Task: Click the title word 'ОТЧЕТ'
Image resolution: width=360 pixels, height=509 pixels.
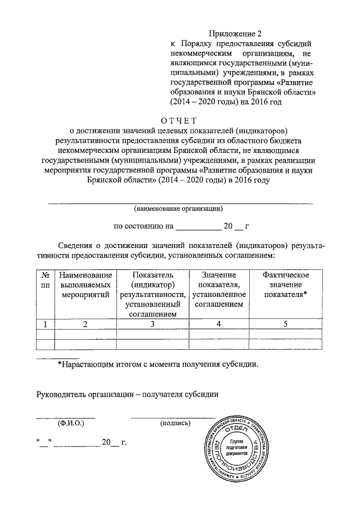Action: tap(179, 120)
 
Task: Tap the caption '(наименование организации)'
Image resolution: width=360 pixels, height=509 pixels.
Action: tap(179, 209)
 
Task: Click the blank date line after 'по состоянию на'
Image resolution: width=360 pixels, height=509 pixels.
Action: tap(198, 227)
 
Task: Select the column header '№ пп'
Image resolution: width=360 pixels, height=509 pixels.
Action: tap(45, 280)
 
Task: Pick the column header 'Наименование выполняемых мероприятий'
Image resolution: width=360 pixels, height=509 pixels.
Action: tap(85, 285)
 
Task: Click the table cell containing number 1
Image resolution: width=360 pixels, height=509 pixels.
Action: tap(45, 323)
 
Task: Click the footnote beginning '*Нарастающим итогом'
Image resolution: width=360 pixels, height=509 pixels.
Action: tap(158, 364)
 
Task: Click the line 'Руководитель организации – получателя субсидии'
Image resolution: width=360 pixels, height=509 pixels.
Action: tap(127, 394)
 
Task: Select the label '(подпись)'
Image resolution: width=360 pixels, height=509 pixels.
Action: tap(175, 424)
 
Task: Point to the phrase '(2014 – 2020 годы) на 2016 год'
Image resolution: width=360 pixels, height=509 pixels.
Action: tap(223, 103)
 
